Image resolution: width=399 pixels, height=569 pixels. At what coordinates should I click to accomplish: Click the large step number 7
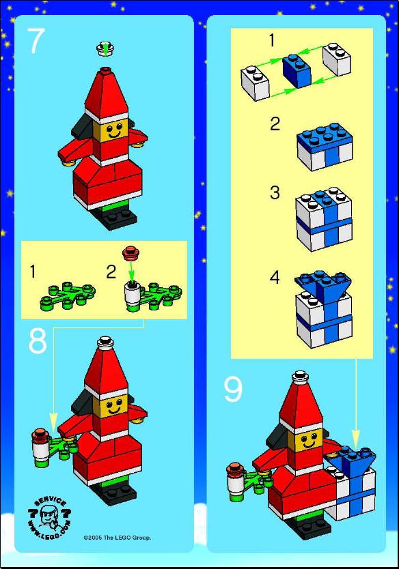36,41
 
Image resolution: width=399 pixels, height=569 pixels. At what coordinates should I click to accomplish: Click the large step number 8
38,342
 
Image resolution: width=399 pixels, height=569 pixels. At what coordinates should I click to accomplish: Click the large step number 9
232,390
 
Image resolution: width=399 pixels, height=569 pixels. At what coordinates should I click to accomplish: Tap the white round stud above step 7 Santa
105,49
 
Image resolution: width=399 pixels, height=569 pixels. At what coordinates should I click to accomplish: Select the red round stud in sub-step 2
131,253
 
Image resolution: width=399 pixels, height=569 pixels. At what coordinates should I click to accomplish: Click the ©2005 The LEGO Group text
117,538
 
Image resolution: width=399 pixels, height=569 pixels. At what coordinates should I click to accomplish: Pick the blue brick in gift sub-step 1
297,71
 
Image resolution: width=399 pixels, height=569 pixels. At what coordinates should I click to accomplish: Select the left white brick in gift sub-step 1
255,83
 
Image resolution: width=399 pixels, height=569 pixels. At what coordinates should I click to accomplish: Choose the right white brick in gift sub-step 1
337,59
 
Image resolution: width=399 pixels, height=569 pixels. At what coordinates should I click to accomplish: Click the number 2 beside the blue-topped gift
275,124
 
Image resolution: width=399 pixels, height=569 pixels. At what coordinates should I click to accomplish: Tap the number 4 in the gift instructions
275,278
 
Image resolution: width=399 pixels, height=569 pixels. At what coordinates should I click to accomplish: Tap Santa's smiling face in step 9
309,440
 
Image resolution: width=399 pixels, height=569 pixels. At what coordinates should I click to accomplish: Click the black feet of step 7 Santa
118,218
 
